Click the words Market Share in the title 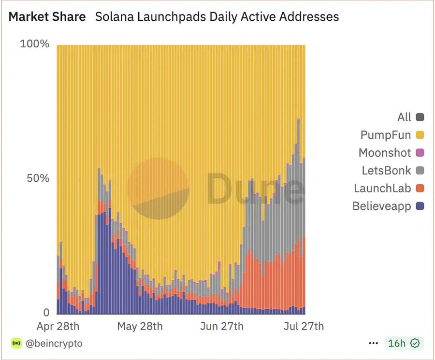(47, 17)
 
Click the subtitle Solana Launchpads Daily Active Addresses (217, 17)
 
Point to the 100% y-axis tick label (34, 44)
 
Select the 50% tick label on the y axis (37, 178)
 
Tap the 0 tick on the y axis (45, 312)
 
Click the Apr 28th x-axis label (58, 327)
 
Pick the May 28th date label (140, 327)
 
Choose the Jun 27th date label (222, 327)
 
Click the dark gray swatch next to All (420, 117)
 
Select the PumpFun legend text (385, 135)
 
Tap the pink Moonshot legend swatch (420, 153)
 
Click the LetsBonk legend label (386, 171)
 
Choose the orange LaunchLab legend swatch (420, 188)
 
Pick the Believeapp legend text (381, 206)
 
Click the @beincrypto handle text (54, 344)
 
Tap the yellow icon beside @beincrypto (16, 344)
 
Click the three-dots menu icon (373, 344)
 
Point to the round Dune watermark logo (158, 188)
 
